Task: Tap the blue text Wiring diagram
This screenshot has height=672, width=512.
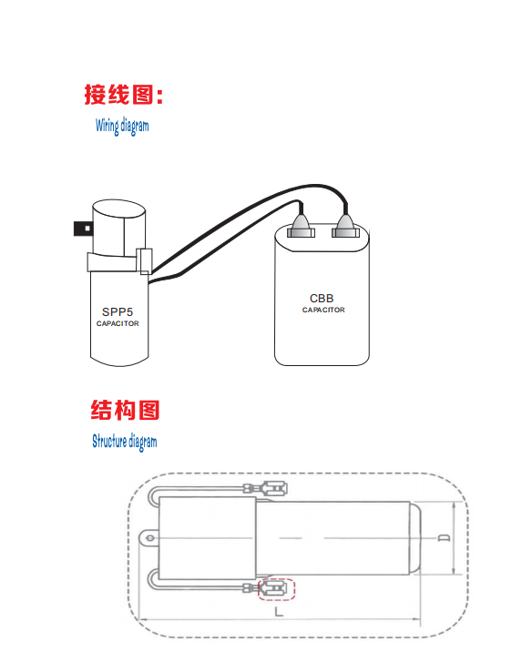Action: point(122,126)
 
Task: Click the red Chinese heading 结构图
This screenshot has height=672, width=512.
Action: point(125,410)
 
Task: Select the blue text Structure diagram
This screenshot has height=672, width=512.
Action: point(124,442)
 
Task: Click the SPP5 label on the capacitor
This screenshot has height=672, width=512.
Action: point(118,311)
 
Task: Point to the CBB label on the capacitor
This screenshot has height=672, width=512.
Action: point(322,299)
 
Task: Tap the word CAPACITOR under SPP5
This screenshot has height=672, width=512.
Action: point(118,323)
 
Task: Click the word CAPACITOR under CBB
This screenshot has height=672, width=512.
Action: point(323,310)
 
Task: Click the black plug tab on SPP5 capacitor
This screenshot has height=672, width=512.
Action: point(83,229)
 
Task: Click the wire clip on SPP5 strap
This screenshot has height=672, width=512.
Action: point(144,261)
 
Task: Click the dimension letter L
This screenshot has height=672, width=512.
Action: point(279,611)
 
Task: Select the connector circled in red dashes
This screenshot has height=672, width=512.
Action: point(276,589)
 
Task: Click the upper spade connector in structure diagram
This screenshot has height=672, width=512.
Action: point(265,489)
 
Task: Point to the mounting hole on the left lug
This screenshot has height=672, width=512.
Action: point(150,538)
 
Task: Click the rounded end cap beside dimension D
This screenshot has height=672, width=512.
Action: point(415,538)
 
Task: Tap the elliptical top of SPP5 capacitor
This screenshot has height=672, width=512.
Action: point(119,210)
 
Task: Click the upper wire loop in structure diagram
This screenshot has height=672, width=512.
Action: point(153,497)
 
